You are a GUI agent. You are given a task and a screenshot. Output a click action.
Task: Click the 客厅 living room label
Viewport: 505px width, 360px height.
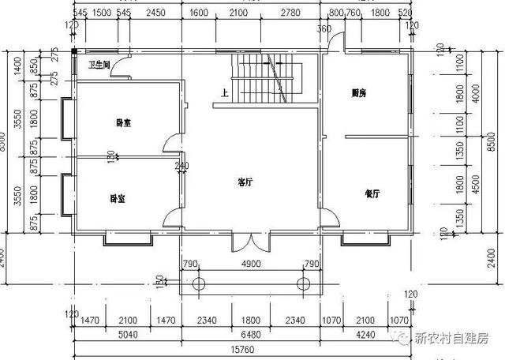pyautogui.click(x=245, y=182)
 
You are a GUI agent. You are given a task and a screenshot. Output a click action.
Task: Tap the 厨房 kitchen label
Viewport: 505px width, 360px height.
pyautogui.click(x=359, y=93)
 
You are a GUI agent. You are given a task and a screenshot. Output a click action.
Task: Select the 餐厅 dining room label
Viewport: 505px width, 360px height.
pyautogui.click(x=373, y=193)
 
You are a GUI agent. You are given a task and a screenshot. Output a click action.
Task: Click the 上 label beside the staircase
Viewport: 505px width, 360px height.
pyautogui.click(x=226, y=93)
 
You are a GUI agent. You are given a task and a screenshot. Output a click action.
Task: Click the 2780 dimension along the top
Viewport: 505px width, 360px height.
pyautogui.click(x=291, y=13)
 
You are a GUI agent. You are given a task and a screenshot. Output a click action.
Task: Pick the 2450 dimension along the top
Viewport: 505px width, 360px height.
pyautogui.click(x=155, y=13)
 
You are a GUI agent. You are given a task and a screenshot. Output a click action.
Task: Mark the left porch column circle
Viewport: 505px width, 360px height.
pyautogui.click(x=199, y=283)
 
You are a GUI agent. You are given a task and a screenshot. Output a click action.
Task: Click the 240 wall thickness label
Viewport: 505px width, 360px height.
pyautogui.click(x=182, y=167)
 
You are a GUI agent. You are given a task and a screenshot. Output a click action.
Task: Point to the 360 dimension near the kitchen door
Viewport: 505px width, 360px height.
pyautogui.click(x=324, y=29)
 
